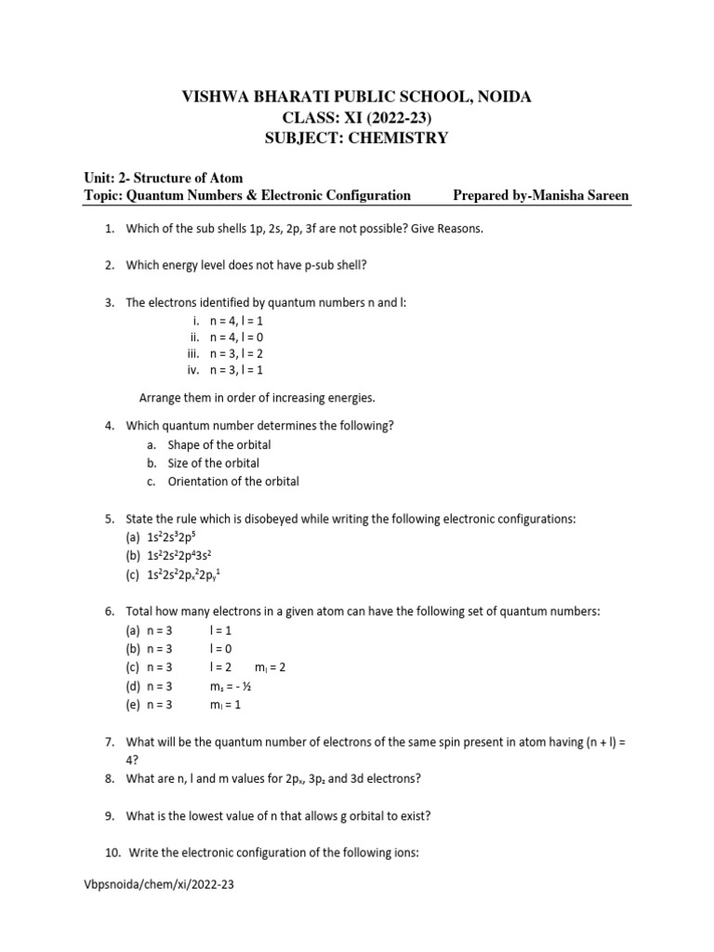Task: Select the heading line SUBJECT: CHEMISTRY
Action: (357, 138)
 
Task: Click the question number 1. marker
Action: (109, 229)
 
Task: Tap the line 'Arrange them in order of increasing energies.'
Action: (258, 398)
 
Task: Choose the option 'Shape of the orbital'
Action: (219, 444)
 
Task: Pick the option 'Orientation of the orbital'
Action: (233, 482)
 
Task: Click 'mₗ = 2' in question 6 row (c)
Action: (269, 668)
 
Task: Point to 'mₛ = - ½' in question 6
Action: (231, 686)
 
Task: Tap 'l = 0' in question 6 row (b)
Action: (221, 649)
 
